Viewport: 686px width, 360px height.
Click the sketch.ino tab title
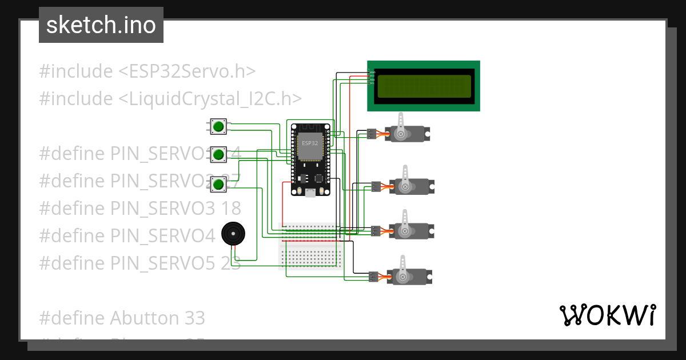(101, 25)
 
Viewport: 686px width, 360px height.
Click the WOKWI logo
(607, 315)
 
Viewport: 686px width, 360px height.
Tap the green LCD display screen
(424, 86)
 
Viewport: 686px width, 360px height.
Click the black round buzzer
(233, 234)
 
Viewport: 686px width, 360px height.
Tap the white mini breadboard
(311, 246)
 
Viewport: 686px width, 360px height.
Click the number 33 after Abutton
(194, 318)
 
